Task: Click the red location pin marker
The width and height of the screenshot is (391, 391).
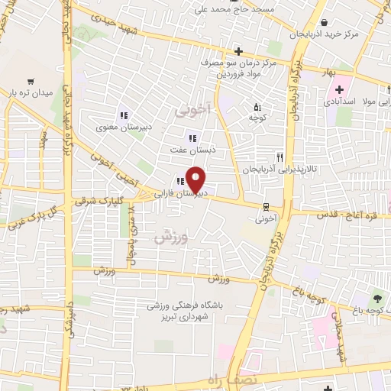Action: pyautogui.click(x=196, y=179)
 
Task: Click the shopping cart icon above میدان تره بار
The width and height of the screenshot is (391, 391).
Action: pyautogui.click(x=31, y=80)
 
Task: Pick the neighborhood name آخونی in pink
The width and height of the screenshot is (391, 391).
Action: pyautogui.click(x=190, y=111)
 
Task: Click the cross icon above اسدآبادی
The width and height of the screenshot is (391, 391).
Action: pyautogui.click(x=338, y=89)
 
